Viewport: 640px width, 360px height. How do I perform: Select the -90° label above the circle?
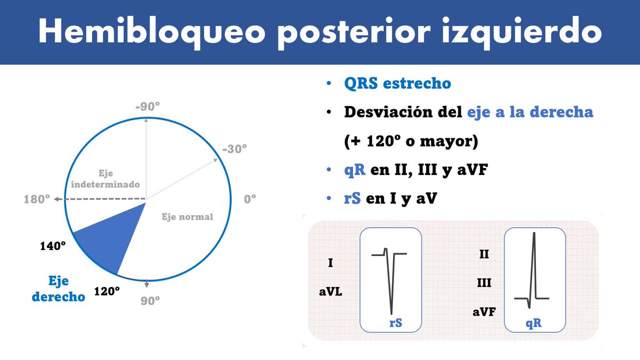pos(147,107)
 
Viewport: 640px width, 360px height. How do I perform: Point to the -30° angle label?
pos(234,149)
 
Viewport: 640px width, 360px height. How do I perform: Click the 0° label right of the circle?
pos(250,198)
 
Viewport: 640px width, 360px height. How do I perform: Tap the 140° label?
pos(53,246)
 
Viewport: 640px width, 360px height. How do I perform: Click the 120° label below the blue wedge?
pos(107,291)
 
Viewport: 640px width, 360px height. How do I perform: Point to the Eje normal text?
pos(187,217)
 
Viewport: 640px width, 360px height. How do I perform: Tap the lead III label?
pos(484,283)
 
